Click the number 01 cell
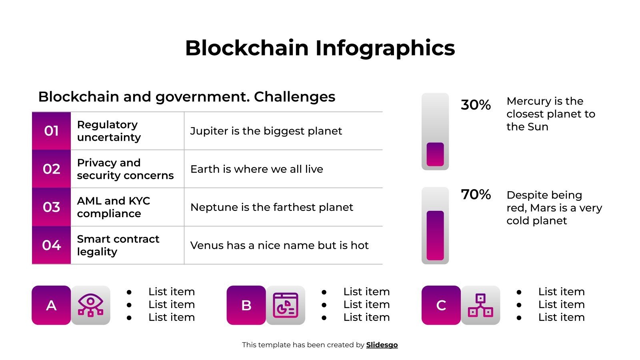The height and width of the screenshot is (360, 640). click(51, 131)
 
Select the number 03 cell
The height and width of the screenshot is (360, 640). click(51, 207)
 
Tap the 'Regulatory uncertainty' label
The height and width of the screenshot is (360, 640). click(109, 131)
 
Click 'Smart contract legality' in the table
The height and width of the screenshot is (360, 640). click(118, 245)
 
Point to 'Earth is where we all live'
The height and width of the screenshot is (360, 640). click(256, 169)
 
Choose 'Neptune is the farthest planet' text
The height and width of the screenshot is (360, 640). click(272, 207)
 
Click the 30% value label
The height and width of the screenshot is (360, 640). click(475, 105)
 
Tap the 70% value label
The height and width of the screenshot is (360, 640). click(475, 194)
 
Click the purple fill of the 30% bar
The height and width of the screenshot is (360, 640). click(435, 154)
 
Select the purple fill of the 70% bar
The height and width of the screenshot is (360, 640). click(435, 235)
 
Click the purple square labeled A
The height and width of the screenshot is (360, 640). click(51, 305)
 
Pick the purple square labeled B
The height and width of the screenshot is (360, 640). click(246, 305)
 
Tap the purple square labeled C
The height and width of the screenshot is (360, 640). click(441, 305)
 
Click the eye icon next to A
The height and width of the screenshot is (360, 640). click(90, 305)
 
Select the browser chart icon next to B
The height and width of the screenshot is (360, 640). click(286, 305)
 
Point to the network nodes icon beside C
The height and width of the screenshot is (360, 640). click(480, 305)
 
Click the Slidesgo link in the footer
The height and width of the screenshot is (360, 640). click(382, 345)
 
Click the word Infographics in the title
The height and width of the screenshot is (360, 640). click(385, 48)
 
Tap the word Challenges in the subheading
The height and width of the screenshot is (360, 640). click(294, 97)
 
